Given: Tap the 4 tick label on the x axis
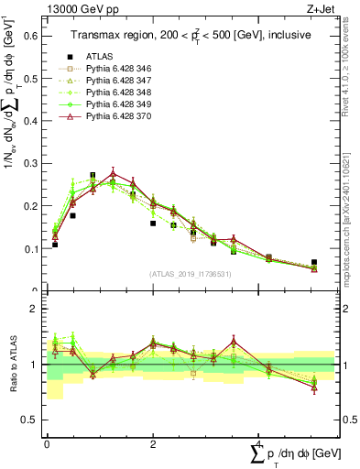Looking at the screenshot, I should tap(260, 444).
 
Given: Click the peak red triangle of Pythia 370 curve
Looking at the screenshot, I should tap(113, 172).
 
